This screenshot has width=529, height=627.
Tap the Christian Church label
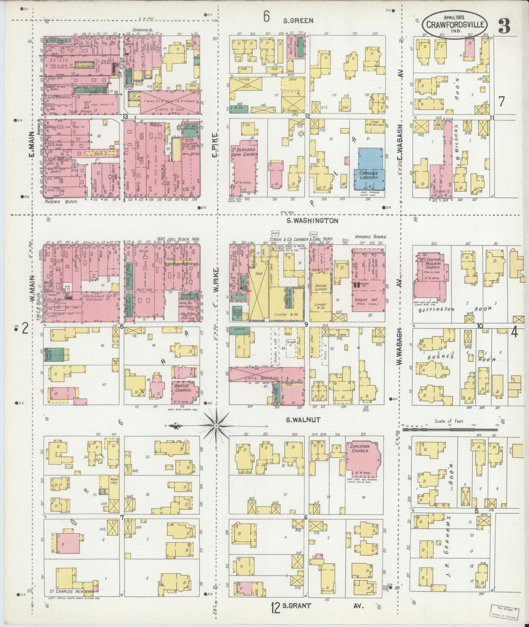click(360, 449)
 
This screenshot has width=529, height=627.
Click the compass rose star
click(216, 426)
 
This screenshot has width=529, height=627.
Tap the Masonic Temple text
click(371, 237)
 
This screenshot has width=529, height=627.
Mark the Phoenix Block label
click(61, 201)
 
